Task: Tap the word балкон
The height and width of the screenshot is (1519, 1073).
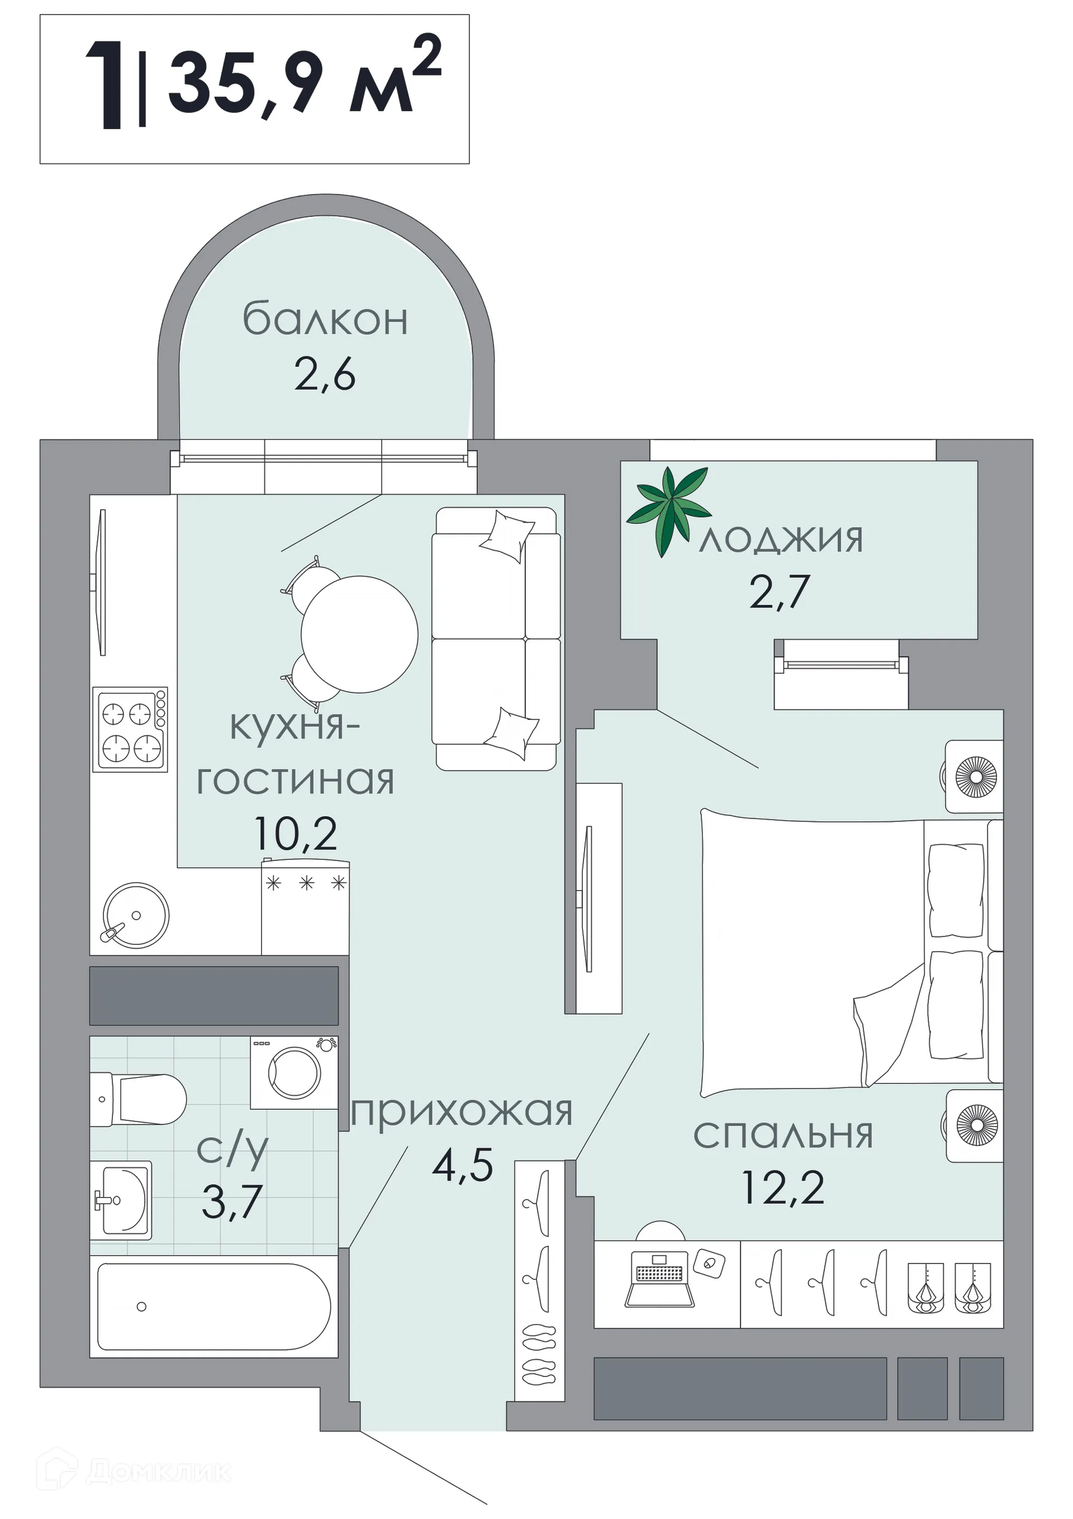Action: (x=325, y=320)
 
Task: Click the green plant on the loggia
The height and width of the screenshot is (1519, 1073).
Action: (x=668, y=509)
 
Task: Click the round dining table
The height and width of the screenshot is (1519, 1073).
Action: (x=359, y=634)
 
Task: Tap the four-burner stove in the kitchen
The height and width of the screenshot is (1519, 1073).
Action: (x=130, y=729)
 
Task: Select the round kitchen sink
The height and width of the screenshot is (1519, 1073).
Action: (x=136, y=915)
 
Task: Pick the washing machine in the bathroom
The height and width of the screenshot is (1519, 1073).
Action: (x=295, y=1072)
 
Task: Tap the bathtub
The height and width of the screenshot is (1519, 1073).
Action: (x=213, y=1307)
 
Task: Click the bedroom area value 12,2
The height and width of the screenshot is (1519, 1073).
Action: (x=784, y=1187)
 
